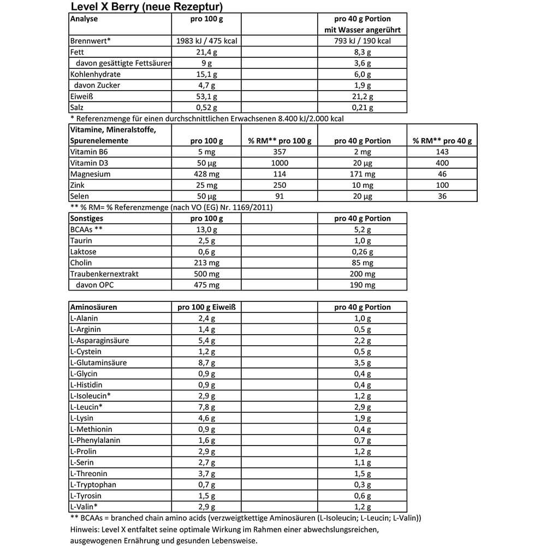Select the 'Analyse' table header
pyautogui.click(x=84, y=19)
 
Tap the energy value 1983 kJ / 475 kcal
pyautogui.click(x=206, y=41)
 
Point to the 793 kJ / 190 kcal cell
pyautogui.click(x=362, y=41)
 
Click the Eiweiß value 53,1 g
pyautogui.click(x=206, y=97)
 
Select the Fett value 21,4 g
pyautogui.click(x=206, y=52)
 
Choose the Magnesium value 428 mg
pyautogui.click(x=206, y=174)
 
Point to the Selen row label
pyautogui.click(x=80, y=196)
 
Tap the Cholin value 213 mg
pyautogui.click(x=206, y=263)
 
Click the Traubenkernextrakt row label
pyautogui.click(x=104, y=274)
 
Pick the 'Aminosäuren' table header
pyautogui.click(x=93, y=307)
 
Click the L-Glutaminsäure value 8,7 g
pyautogui.click(x=206, y=363)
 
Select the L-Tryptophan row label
pyautogui.click(x=93, y=485)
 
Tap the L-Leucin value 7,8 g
pyautogui.click(x=206, y=407)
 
